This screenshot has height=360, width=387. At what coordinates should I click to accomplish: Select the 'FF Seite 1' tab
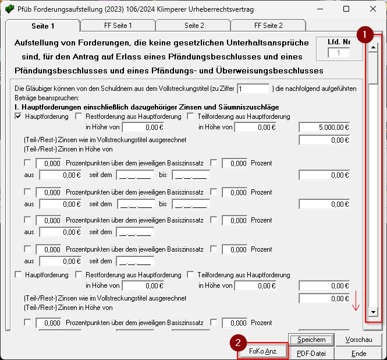point(118,26)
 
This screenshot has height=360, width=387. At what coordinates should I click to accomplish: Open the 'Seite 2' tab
point(194,26)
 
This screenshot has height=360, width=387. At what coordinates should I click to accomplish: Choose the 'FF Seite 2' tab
point(268,26)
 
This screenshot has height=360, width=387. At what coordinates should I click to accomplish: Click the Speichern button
point(311,340)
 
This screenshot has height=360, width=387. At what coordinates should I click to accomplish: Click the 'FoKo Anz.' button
point(262,352)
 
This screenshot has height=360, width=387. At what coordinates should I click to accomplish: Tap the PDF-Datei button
point(311,353)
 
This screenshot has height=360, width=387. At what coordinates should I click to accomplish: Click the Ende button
point(358,353)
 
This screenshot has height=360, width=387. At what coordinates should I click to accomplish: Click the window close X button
point(373,9)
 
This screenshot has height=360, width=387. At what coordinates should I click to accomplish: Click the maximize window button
point(346,9)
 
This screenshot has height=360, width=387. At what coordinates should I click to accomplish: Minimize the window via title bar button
point(319,9)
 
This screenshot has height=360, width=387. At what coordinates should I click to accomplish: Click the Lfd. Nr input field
point(338,53)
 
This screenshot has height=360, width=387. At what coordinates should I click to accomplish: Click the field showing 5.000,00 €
point(324,127)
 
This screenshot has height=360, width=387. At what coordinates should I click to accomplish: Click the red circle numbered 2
point(237,343)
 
